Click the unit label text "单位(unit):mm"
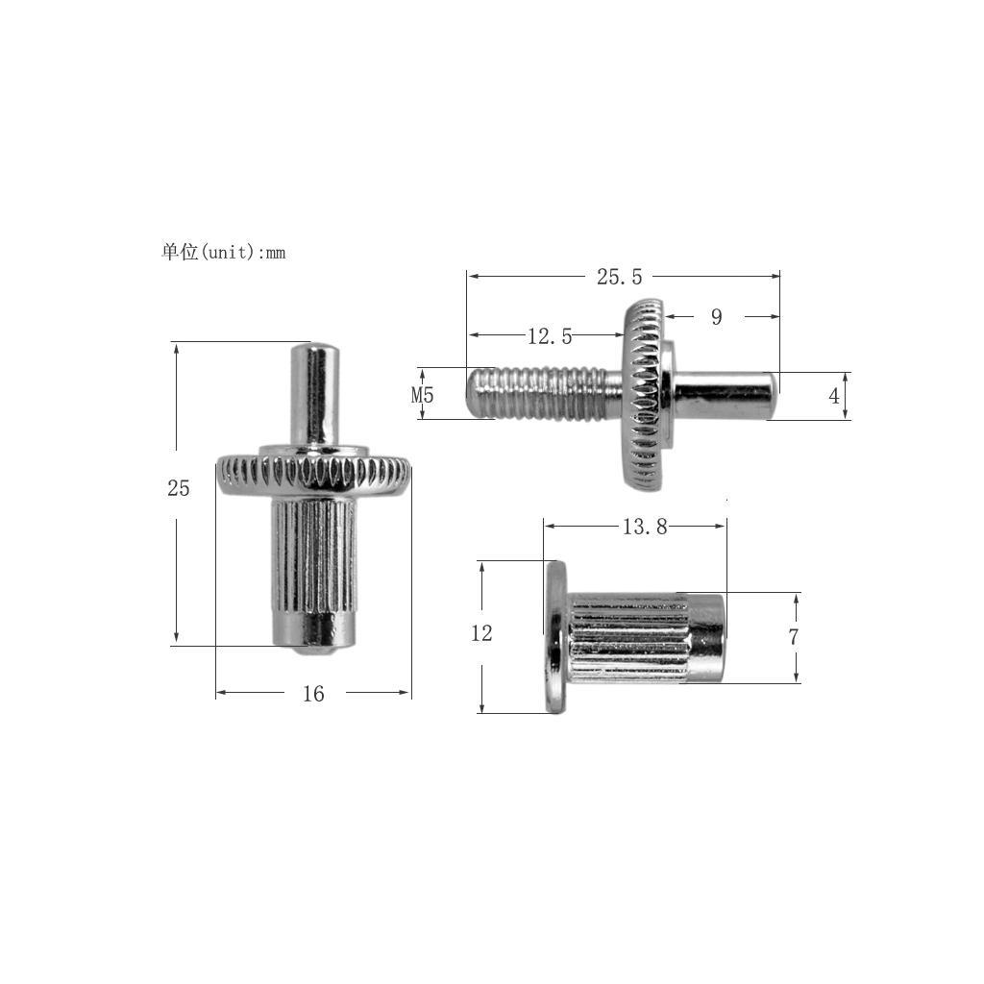tap(223, 253)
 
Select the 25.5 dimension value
tap(619, 277)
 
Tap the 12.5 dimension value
tap(550, 336)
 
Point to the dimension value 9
tap(716, 317)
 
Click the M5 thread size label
tap(423, 395)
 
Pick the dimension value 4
tap(834, 396)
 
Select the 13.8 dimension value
tap(645, 527)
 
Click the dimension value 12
tap(481, 633)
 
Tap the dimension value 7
tap(793, 637)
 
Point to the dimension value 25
tap(179, 488)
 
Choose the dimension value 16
tap(313, 694)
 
